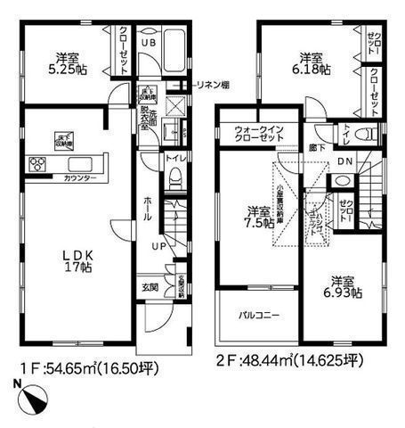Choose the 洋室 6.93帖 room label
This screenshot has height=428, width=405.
[x=342, y=285]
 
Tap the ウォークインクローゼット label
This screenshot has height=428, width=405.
[x=258, y=135]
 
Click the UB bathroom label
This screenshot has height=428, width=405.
[x=150, y=43]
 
